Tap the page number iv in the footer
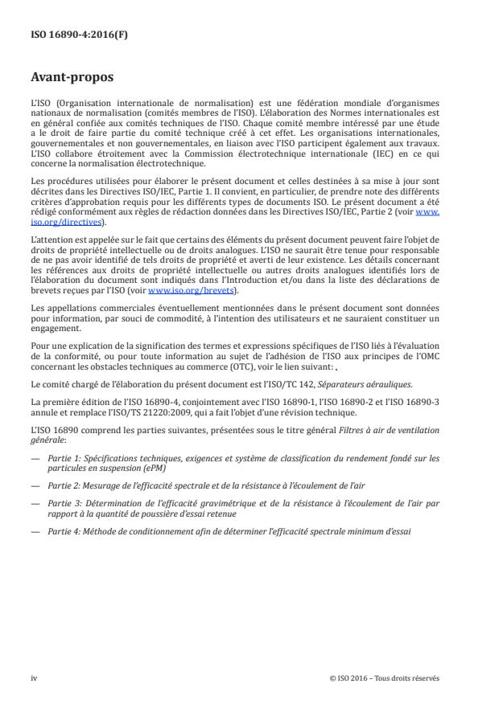(x=34, y=677)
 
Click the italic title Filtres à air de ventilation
(x=390, y=430)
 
